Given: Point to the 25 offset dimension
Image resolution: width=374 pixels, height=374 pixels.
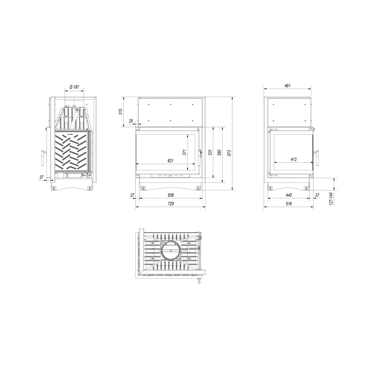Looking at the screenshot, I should [131, 121].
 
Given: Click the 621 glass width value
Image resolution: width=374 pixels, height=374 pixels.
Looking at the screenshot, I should [169, 161].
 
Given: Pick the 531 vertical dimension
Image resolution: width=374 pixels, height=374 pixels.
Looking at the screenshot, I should [210, 153].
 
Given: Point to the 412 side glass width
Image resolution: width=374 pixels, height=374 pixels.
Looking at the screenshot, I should [293, 160].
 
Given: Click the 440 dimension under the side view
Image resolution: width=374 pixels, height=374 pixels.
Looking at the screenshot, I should [289, 195].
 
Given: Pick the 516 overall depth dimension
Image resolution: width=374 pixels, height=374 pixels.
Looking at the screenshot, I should [289, 205].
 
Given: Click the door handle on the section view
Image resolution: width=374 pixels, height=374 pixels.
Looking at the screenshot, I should [42, 157].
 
